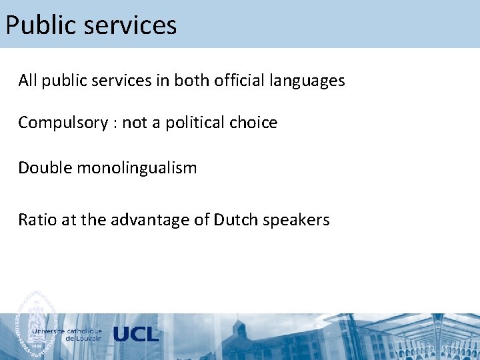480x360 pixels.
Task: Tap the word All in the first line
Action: pyautogui.click(x=27, y=81)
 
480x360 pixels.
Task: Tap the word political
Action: pyautogui.click(x=195, y=123)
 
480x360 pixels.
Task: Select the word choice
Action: pyautogui.click(x=253, y=123)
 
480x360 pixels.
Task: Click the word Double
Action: pyautogui.click(x=45, y=167)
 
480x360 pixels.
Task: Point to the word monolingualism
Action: pyautogui.click(x=137, y=168)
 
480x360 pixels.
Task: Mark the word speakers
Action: pyautogui.click(x=296, y=221)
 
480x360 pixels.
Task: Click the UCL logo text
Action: pyautogui.click(x=136, y=334)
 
